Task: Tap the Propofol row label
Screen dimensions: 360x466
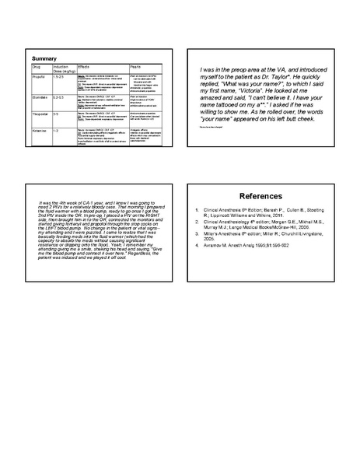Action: click(39, 77)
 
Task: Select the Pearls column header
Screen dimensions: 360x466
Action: click(135, 68)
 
